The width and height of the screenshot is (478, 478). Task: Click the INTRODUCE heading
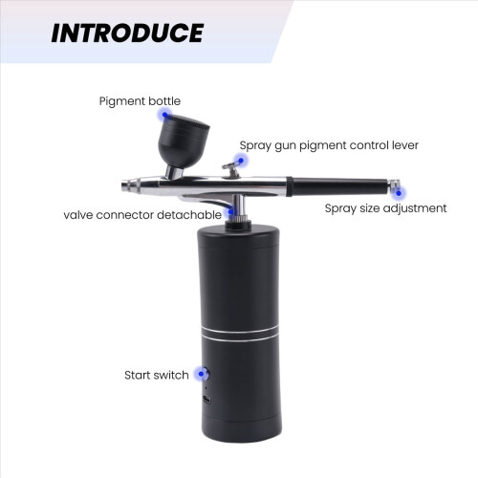click(127, 33)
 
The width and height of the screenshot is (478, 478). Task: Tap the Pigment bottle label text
click(140, 101)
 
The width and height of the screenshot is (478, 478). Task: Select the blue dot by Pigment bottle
click(164, 115)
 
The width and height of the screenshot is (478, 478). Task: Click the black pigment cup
click(184, 141)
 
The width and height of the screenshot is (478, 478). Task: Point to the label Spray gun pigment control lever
click(329, 145)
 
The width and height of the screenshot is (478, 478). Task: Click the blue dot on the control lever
click(241, 161)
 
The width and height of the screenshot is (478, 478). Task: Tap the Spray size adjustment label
click(385, 208)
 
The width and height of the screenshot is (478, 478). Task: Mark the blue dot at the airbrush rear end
click(399, 193)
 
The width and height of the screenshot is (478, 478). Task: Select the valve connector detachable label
click(142, 215)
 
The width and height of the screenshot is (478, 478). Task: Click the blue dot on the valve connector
click(230, 211)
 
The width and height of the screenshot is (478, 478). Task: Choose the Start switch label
click(157, 375)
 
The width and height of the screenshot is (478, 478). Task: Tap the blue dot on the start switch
click(201, 374)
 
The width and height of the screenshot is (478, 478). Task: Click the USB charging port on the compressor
click(206, 400)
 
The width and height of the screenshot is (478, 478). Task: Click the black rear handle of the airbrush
click(338, 187)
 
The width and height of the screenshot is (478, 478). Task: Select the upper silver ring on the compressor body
click(240, 329)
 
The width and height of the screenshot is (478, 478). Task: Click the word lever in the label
click(405, 145)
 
